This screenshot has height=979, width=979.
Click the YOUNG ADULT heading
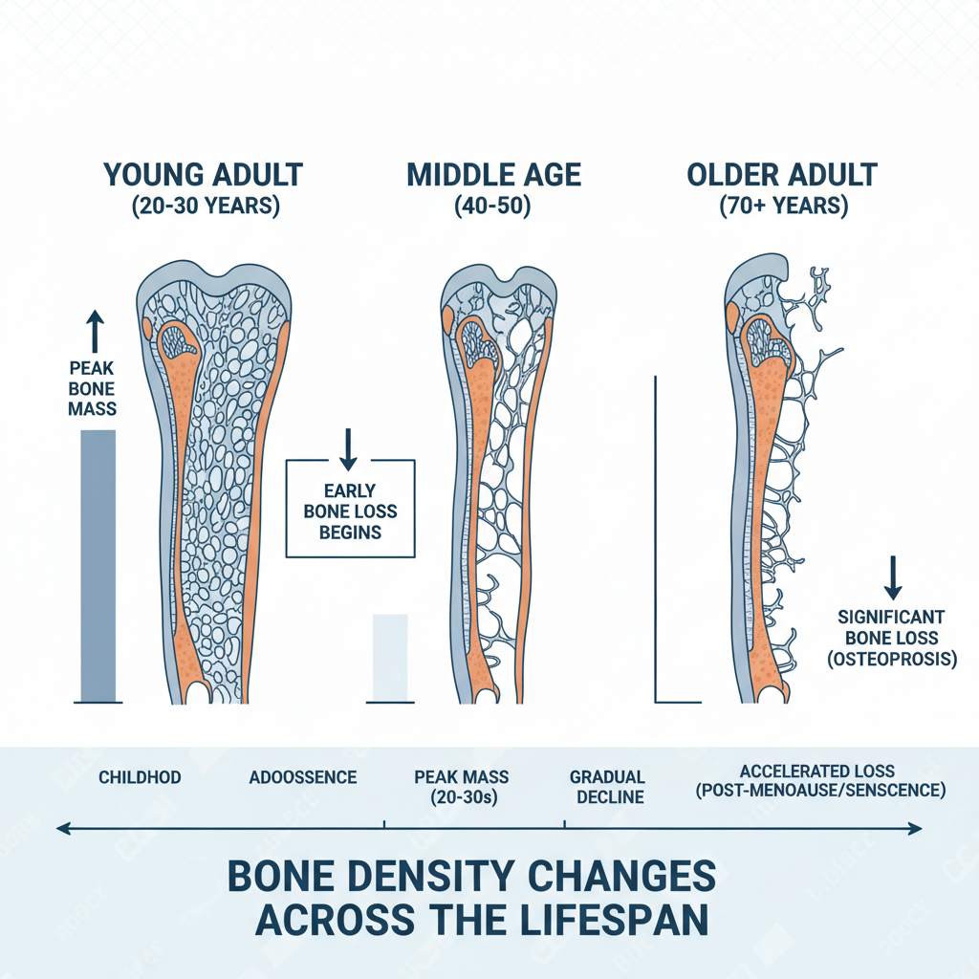coord(203,175)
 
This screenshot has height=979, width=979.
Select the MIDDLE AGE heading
coord(493,175)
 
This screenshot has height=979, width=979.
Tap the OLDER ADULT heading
coord(781,175)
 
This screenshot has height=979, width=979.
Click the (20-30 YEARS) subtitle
coord(205,207)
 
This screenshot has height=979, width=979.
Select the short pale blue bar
coord(389,657)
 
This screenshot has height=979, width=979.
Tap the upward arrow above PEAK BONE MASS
coord(93,330)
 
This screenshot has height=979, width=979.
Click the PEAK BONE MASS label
coord(92,388)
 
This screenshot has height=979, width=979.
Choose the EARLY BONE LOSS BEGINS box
coord(351,509)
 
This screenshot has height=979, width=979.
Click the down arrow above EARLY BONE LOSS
coord(348,446)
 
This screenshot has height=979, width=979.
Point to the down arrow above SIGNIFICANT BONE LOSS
coord(893,577)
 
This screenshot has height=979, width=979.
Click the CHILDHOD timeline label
coord(140,777)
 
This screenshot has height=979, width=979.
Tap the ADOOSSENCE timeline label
coord(302,777)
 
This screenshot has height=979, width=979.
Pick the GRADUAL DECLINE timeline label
coord(606,787)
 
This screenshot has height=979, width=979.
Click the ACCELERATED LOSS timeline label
coord(817,771)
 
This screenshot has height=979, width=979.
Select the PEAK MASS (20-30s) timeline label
coord(462,787)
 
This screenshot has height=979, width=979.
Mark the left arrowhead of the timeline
coord(63,828)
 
